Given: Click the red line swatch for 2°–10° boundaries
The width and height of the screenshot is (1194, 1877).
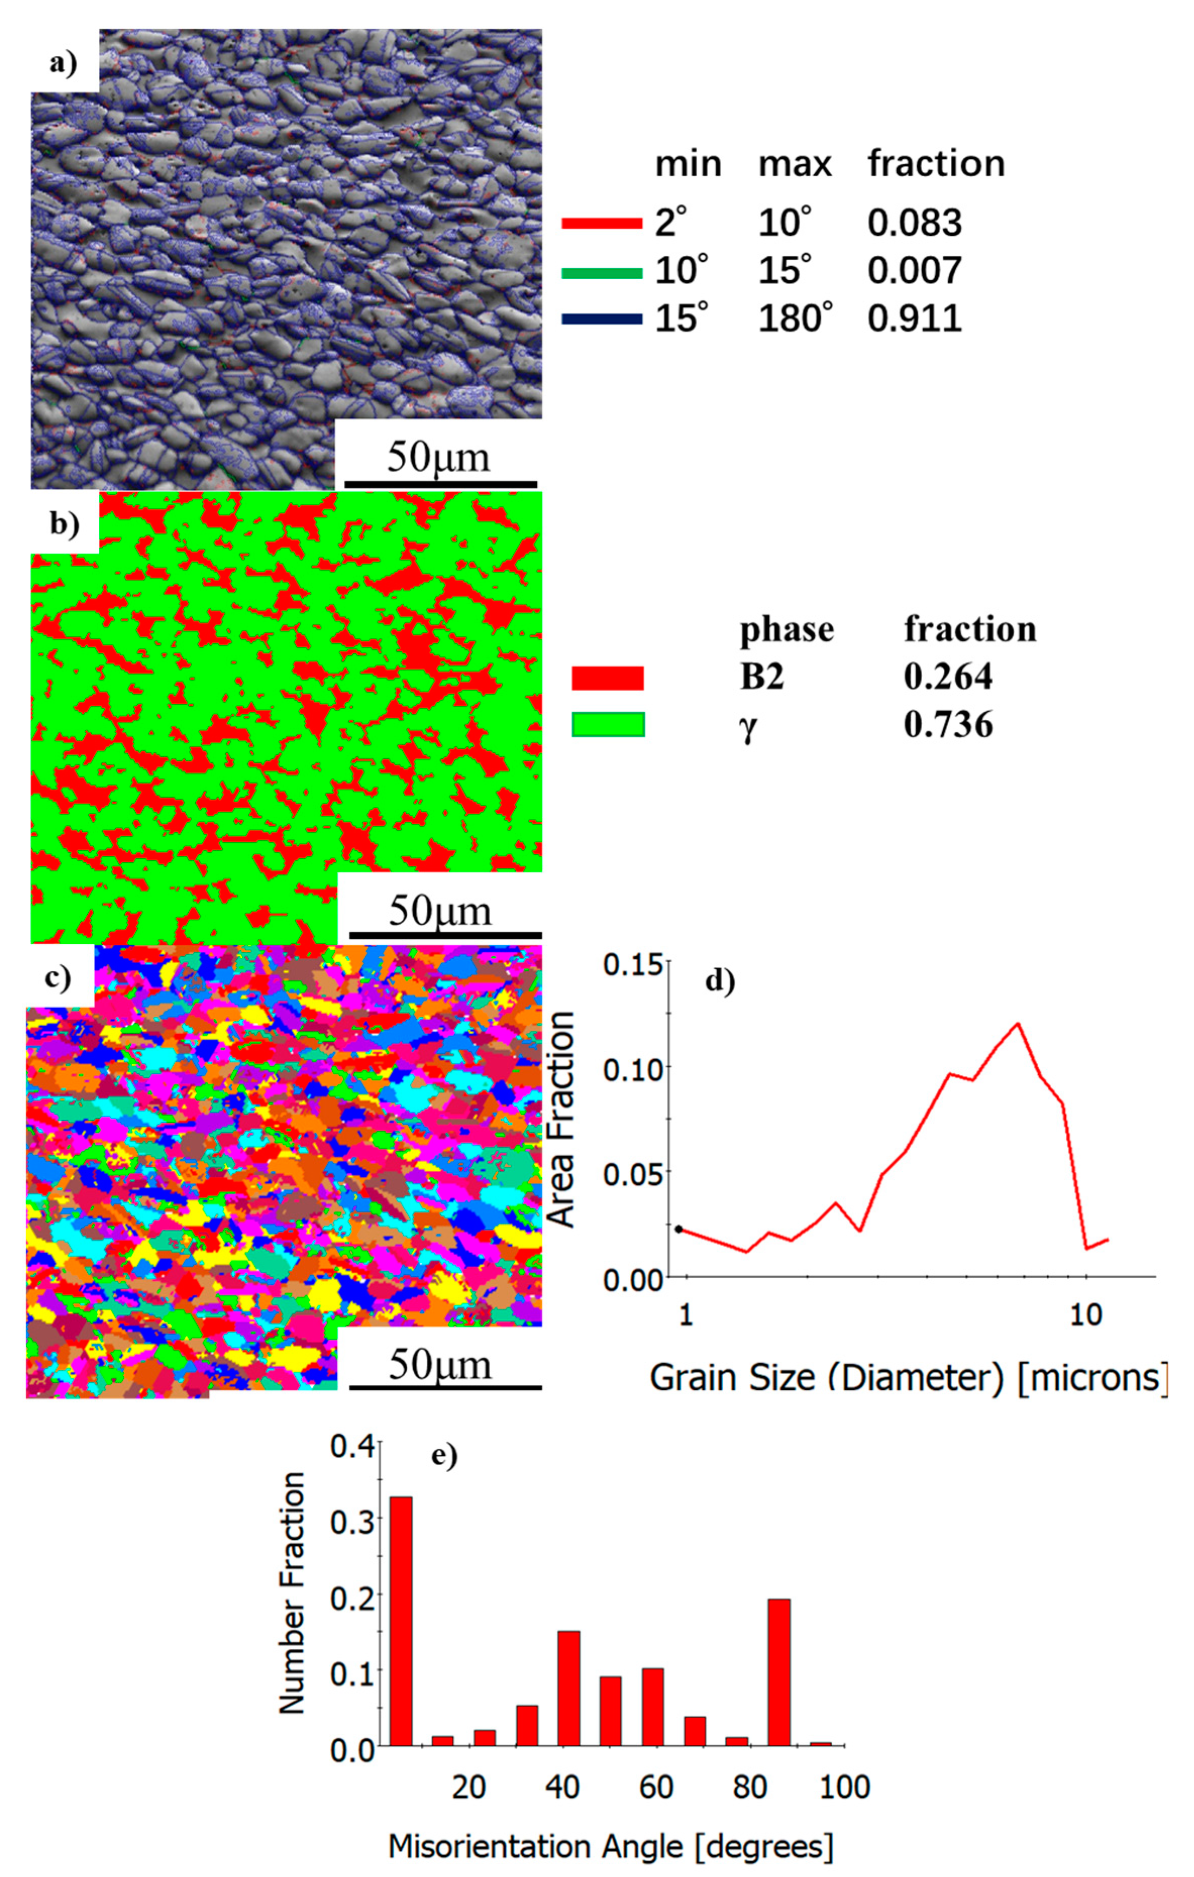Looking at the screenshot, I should click(x=601, y=224).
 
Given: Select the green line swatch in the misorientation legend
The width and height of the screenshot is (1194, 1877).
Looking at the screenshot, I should click(x=601, y=273).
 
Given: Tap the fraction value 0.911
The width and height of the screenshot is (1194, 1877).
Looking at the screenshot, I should click(x=914, y=319).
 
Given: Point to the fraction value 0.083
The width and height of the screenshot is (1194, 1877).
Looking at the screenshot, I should click(x=914, y=224).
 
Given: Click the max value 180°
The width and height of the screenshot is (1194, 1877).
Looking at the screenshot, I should click(x=795, y=319).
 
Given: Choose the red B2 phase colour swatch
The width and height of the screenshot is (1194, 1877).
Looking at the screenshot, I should click(x=608, y=677).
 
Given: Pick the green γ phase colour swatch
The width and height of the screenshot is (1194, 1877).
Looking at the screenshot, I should click(x=608, y=724).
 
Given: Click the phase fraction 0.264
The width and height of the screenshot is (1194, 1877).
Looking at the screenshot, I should click(x=948, y=677).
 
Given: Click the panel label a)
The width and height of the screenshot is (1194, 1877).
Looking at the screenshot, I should click(x=64, y=63).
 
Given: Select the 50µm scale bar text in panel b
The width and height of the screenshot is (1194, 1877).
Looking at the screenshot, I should click(x=441, y=910).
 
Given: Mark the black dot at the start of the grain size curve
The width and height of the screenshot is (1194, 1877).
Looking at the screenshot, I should click(x=679, y=1229).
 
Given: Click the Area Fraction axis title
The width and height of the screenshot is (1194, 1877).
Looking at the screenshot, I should click(x=561, y=1120).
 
